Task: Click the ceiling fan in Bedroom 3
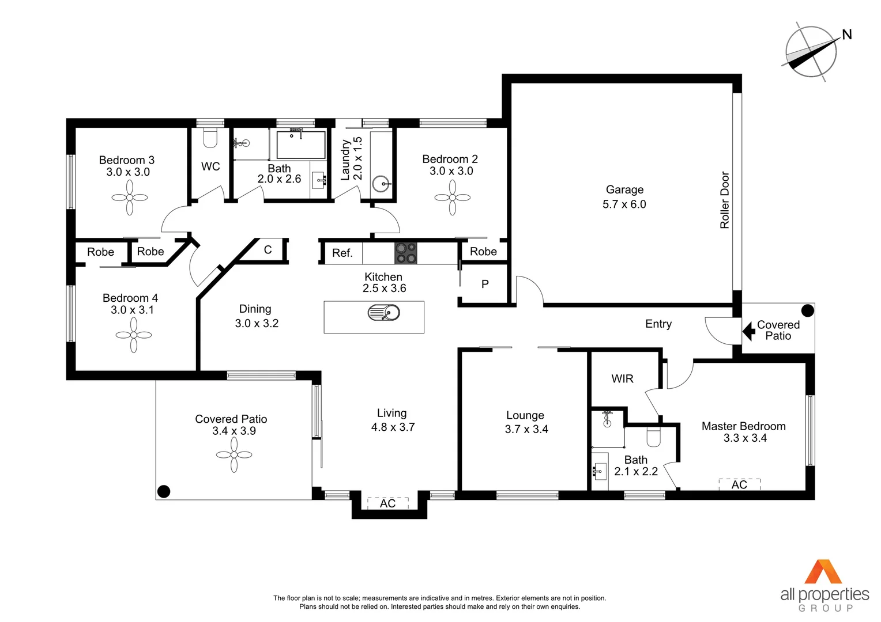(x=130, y=198)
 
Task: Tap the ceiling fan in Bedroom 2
(x=453, y=198)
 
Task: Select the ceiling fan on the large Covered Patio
(x=234, y=455)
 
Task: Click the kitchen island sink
(x=384, y=313)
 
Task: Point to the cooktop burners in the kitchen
(x=405, y=253)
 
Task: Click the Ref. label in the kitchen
(x=342, y=253)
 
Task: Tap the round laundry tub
(x=381, y=184)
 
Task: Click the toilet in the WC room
(x=210, y=138)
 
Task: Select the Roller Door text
(x=725, y=200)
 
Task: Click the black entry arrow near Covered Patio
(x=749, y=331)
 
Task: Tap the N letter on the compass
(x=846, y=35)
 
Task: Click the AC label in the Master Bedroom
(x=739, y=485)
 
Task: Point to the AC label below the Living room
(x=387, y=503)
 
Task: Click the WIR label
(x=622, y=378)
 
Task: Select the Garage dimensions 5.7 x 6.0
(x=624, y=204)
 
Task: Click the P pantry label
(x=485, y=284)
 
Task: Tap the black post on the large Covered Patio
(x=164, y=491)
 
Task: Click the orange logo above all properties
(x=823, y=572)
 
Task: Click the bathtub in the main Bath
(x=300, y=145)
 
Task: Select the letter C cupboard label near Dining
(x=268, y=250)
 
